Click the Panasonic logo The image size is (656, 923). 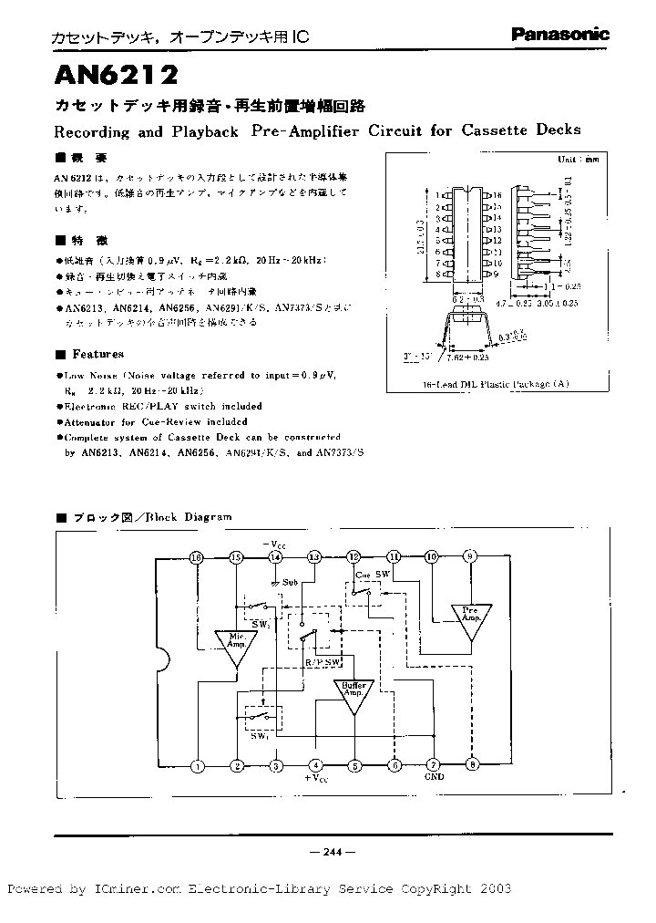tap(559, 35)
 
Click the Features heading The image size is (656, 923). tap(97, 354)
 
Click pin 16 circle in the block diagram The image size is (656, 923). tap(196, 557)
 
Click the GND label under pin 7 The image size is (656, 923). tap(434, 779)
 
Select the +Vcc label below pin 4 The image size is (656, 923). tap(315, 780)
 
